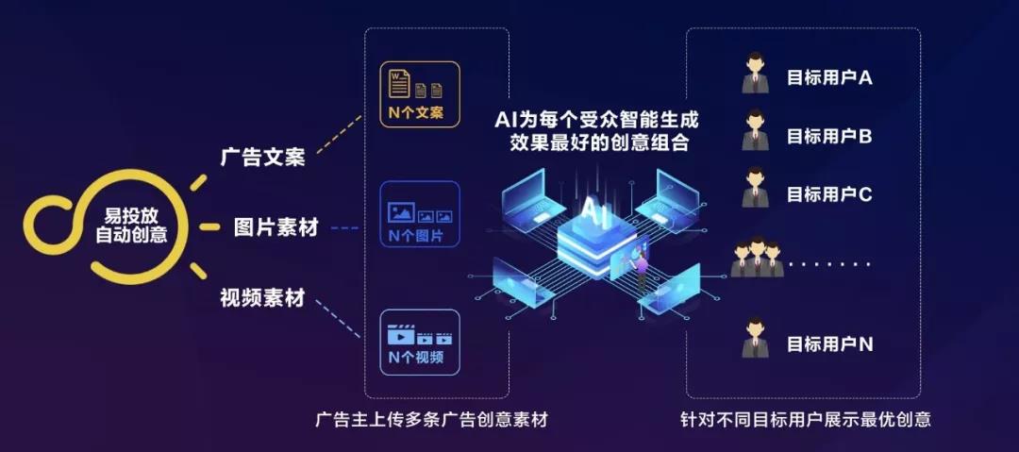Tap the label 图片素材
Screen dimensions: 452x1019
[276, 227]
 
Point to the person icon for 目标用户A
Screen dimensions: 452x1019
[754, 76]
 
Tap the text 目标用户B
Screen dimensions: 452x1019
[828, 137]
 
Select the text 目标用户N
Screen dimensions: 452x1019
[829, 344]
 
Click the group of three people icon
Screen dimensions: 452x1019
[756, 256]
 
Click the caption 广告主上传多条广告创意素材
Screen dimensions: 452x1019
[431, 420]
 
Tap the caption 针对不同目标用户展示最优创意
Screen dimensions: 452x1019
[805, 420]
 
